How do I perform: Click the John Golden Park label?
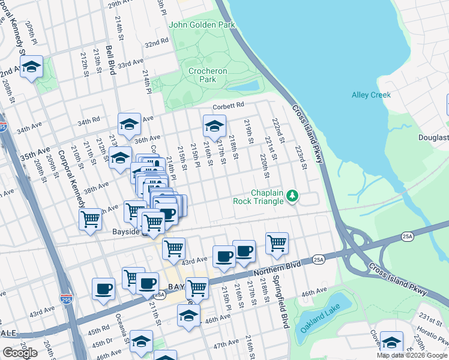coord(202,25)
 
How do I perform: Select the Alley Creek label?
coord(371,95)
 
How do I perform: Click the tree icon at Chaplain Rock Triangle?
coord(292,196)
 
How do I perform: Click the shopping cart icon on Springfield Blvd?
coord(277,244)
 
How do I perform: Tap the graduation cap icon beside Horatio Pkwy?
coord(392,343)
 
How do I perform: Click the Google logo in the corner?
coord(20,353)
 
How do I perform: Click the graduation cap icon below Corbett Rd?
coord(214,126)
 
